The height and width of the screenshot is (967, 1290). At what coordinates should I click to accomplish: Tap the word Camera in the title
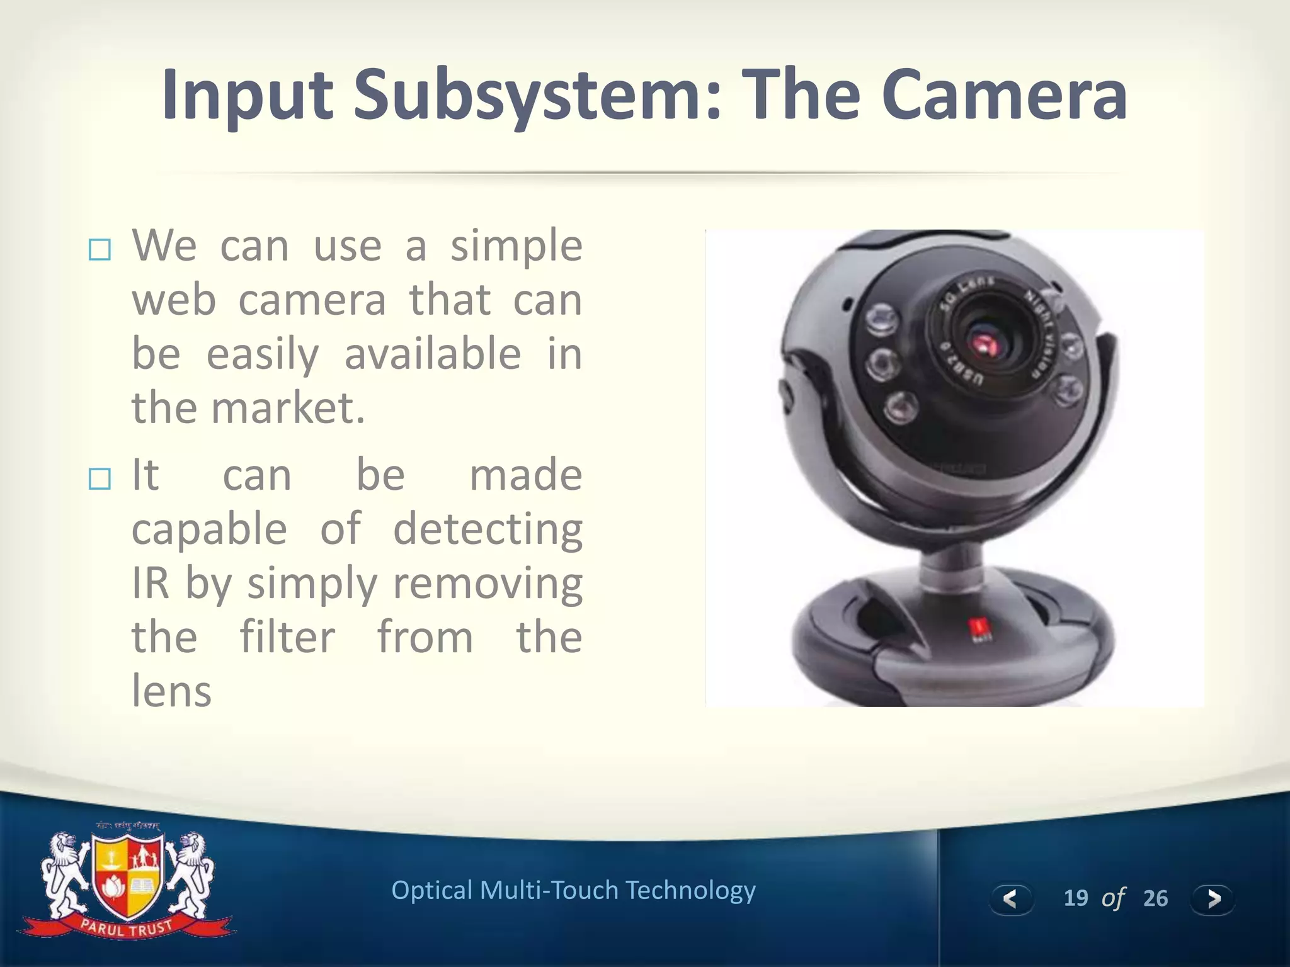tap(1004, 96)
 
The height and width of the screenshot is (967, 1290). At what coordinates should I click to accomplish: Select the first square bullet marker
tap(100, 250)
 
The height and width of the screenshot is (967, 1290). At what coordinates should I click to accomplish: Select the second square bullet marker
tap(100, 479)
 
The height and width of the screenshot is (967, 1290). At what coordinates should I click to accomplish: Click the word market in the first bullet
tap(287, 408)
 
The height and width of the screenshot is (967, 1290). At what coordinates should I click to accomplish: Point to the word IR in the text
tap(151, 583)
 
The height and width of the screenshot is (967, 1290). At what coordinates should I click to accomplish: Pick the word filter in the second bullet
tap(287, 637)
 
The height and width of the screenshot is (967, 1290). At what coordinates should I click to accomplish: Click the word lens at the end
tap(171, 691)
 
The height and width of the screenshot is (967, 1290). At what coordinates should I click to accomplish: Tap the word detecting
tap(488, 529)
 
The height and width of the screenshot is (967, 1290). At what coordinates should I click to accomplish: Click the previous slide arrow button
tap(1010, 898)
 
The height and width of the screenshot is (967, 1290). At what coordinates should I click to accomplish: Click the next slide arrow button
tap(1213, 898)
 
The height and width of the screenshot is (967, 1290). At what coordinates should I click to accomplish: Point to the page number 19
tap(1076, 898)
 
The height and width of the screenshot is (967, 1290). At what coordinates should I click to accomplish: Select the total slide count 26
tap(1155, 898)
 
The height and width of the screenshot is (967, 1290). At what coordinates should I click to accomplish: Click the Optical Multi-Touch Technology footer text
tap(573, 890)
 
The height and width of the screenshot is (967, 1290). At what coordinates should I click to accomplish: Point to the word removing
tap(488, 583)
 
